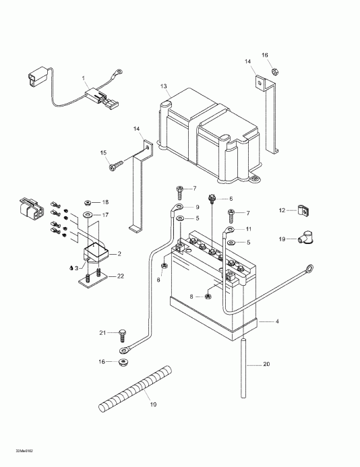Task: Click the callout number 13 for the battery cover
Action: click(x=162, y=87)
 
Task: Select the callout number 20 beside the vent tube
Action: click(x=266, y=365)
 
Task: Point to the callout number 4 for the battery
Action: click(x=276, y=322)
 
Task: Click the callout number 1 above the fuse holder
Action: click(x=84, y=78)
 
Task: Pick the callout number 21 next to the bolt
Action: click(x=102, y=333)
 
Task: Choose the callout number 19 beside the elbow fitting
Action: click(x=282, y=239)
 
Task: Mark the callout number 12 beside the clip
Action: click(x=282, y=211)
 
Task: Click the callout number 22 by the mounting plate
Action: click(x=120, y=276)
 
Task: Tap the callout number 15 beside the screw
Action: click(x=104, y=152)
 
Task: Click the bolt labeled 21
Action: click(x=123, y=334)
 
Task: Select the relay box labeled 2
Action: click(x=97, y=254)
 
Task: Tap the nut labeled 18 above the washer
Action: click(x=88, y=202)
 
